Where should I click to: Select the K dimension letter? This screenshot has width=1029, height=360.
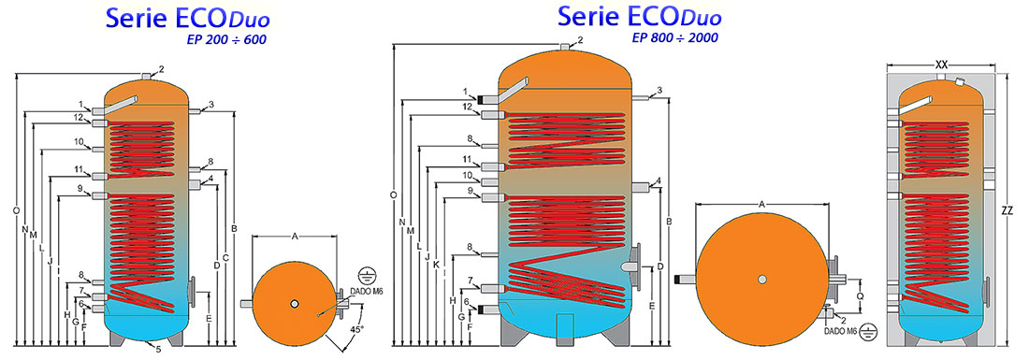(x=437, y=265)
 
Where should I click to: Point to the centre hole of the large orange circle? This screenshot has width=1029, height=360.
(x=762, y=279)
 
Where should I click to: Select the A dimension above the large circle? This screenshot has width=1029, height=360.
(x=761, y=203)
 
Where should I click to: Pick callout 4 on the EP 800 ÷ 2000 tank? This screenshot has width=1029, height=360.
(x=659, y=180)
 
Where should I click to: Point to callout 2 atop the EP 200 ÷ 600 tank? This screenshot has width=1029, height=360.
(x=161, y=69)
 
